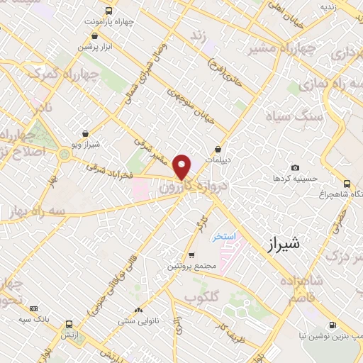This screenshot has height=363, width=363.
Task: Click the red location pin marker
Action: (182, 167)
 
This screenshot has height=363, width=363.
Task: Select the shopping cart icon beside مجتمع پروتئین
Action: (191, 255)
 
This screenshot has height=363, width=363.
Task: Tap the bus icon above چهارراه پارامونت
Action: (108, 11)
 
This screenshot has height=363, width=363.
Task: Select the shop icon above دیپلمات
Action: (218, 149)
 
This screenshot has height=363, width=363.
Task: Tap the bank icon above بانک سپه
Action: (34, 308)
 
